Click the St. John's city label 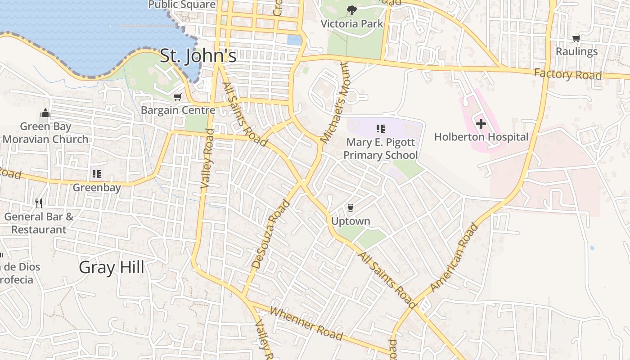198,56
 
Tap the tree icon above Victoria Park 351,10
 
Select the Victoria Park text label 351,24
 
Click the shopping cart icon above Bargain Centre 178,97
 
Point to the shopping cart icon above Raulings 576,39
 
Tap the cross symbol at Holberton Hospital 481,123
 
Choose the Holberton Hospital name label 481,137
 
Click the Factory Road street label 568,74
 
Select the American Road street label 454,257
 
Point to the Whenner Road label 306,324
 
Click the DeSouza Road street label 270,234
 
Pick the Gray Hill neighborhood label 112,267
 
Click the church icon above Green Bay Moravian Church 45,113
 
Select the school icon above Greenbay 96,174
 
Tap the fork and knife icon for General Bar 39,203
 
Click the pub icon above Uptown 351,207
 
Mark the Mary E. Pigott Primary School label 380,149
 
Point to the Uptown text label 351,221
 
